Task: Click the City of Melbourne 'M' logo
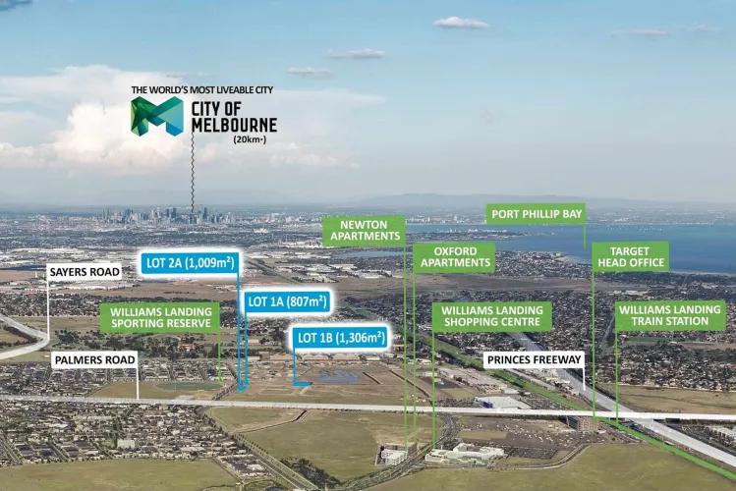coord(157,116)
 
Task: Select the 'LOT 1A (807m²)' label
coord(286,301)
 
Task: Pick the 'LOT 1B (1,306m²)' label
coord(339,338)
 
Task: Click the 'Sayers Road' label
coord(85,271)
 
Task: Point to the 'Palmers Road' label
coord(93,359)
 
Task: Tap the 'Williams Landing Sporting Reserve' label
coord(159,316)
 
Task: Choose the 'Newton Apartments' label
coord(364,231)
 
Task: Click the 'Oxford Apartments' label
coord(454,256)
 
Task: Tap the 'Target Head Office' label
coord(631,256)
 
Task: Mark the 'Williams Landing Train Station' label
coord(670,315)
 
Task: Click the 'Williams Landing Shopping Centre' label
coord(491,315)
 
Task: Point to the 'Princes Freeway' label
coord(535,359)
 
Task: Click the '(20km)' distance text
coord(250,139)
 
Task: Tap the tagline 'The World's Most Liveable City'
coord(202,90)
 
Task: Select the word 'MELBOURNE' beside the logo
coord(233,125)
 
